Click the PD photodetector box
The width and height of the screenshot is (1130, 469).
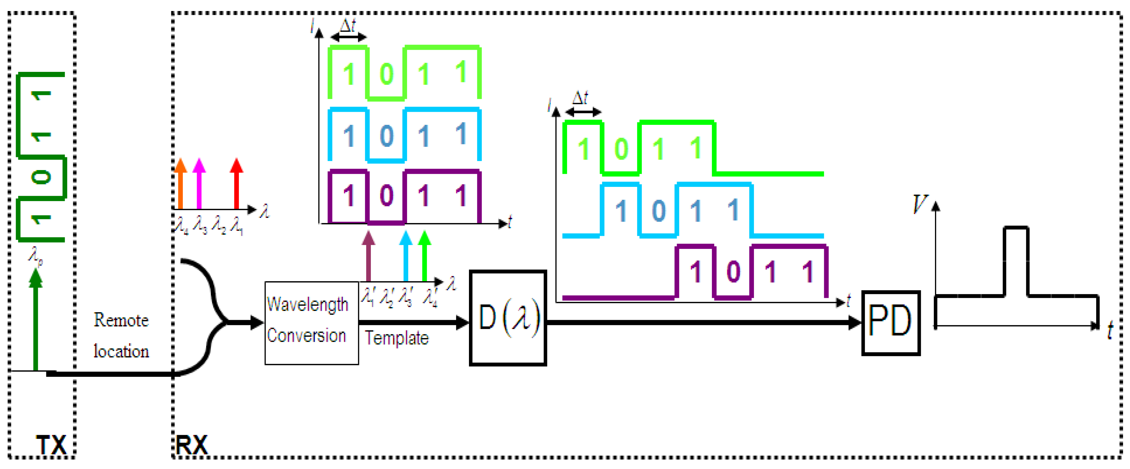coord(890,323)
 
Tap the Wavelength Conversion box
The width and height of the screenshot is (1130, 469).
coord(312,323)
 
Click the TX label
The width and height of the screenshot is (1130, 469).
coord(51,445)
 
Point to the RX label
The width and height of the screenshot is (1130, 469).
coord(191,445)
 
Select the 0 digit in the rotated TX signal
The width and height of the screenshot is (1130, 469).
coord(41,177)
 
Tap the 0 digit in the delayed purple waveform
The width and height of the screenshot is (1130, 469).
coord(733,272)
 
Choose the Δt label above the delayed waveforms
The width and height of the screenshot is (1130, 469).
coord(580,98)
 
